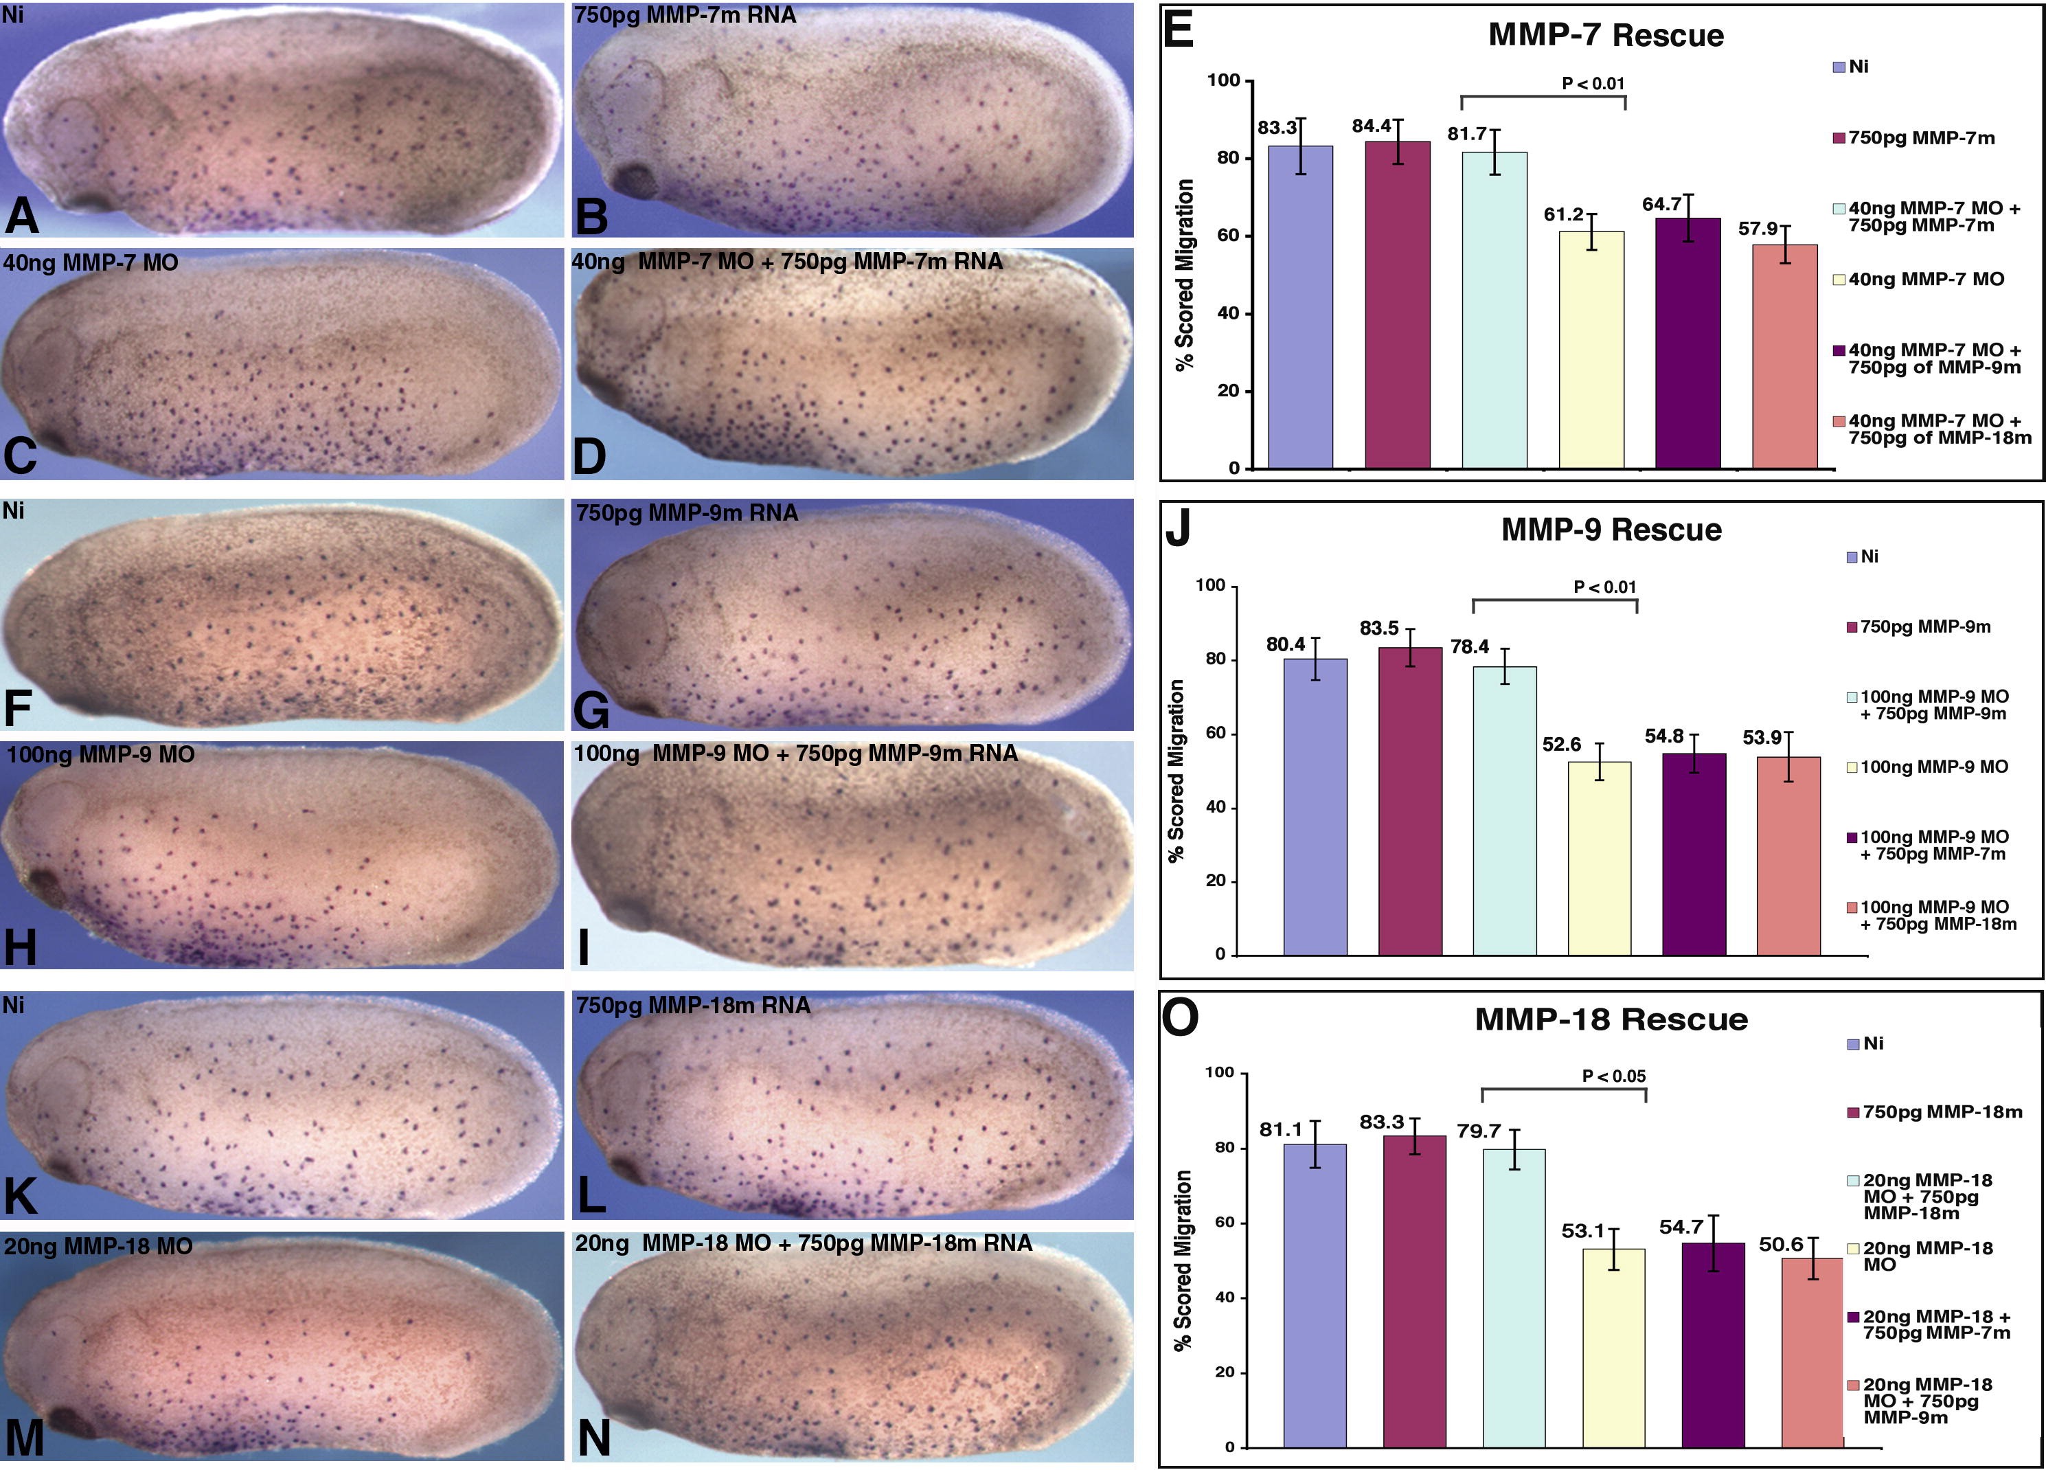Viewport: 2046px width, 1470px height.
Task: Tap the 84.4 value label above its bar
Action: click(x=1372, y=126)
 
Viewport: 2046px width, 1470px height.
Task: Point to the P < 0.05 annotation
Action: click(x=1614, y=1076)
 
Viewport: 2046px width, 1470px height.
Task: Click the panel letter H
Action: click(x=20, y=947)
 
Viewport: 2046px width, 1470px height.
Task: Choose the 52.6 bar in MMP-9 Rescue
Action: click(x=1600, y=857)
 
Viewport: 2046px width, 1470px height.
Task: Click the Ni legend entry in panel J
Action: click(x=1868, y=557)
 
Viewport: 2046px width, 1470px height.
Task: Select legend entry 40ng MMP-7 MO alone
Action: click(x=1926, y=280)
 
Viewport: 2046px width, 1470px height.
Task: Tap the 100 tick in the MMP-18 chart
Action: click(x=1219, y=1073)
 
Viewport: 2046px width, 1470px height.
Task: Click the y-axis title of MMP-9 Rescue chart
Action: click(x=1177, y=771)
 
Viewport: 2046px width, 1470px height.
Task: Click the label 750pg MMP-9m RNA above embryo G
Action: click(x=687, y=512)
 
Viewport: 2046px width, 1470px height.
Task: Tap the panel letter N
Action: click(x=593, y=1438)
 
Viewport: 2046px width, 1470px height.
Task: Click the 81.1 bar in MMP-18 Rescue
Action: click(x=1315, y=1295)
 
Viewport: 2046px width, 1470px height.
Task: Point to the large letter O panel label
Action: click(x=1180, y=1017)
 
